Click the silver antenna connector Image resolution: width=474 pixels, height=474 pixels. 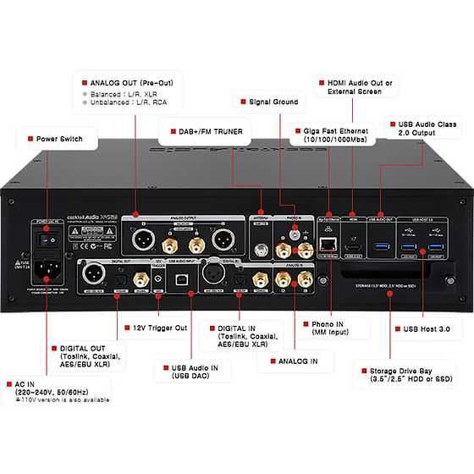[260, 251]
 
